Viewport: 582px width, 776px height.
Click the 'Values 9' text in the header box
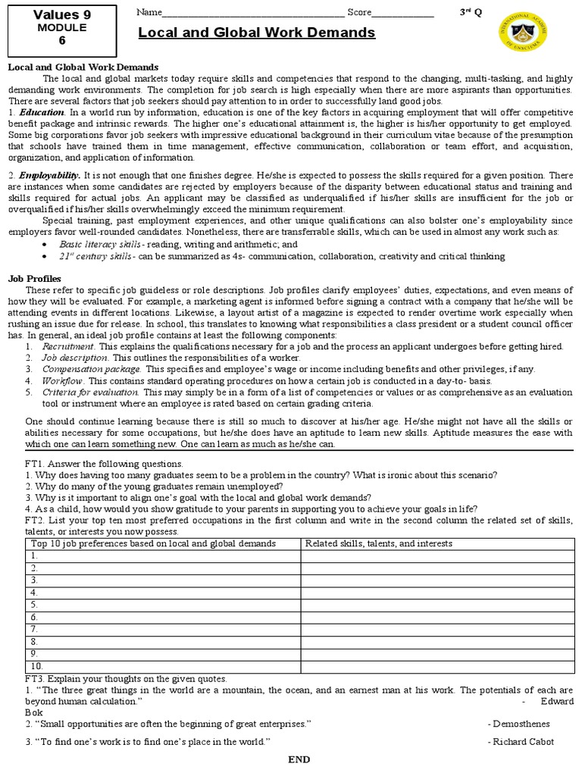pos(51,14)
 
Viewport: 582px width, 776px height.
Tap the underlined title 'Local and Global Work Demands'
pos(257,33)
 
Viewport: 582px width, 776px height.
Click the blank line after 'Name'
pos(253,13)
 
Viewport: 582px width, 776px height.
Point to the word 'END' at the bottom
pos(299,760)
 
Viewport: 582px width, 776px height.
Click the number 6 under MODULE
pos(51,42)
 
